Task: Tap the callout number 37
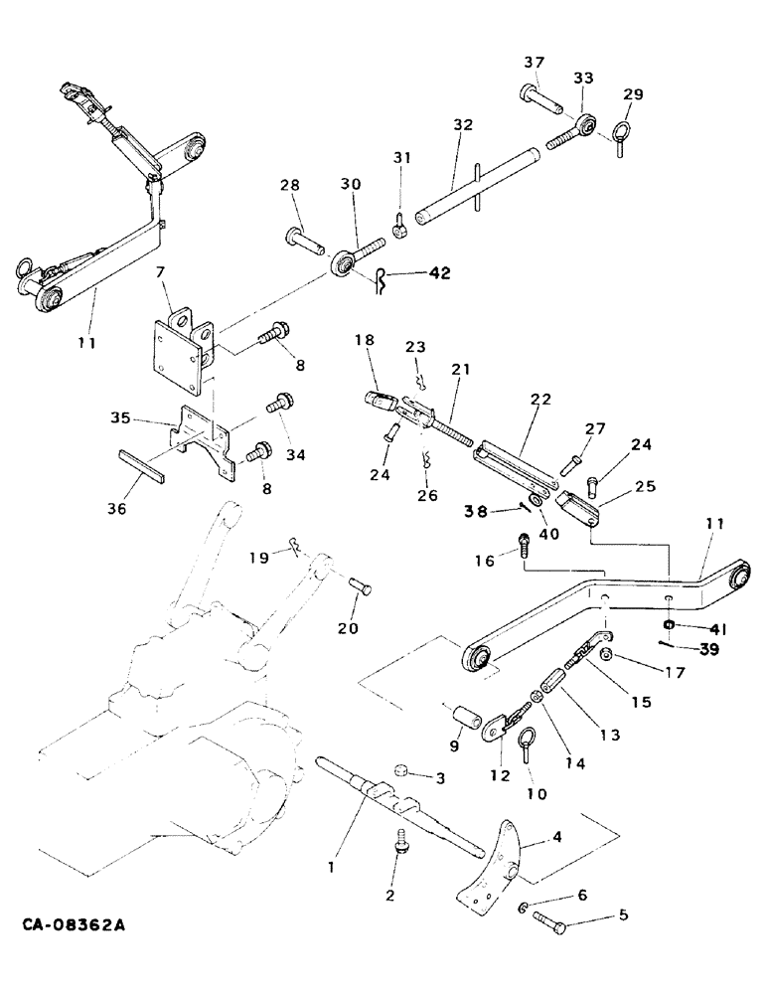[x=536, y=64]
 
